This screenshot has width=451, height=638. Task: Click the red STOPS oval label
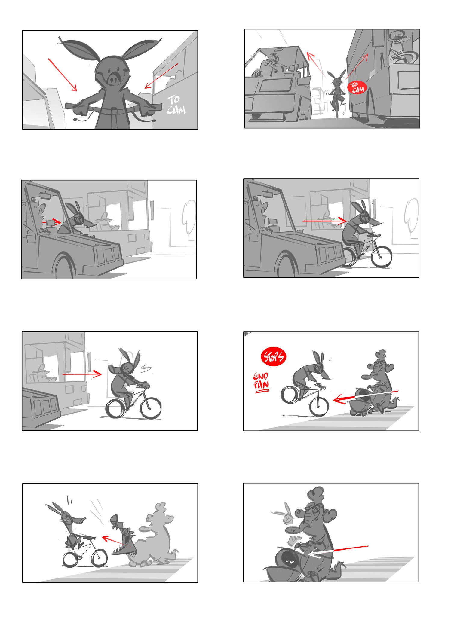click(273, 357)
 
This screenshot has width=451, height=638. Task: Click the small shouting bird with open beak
click(123, 535)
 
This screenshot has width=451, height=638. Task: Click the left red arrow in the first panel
click(63, 75)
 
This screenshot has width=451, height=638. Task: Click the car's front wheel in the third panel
click(64, 267)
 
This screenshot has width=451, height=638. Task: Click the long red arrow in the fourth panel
click(324, 221)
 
